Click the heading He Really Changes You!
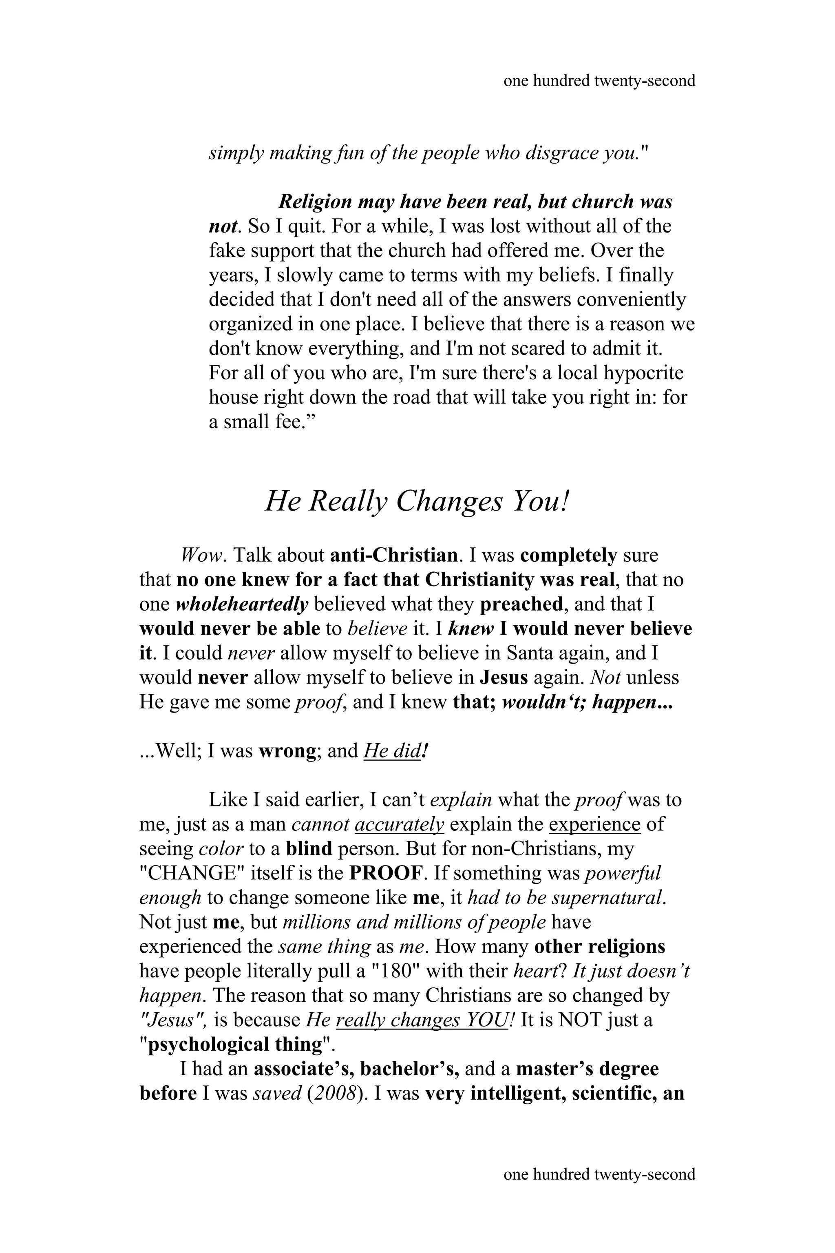pos(417,502)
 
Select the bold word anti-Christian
pos(393,556)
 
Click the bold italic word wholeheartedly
pos(242,604)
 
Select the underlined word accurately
pos(399,824)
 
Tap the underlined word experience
pos(594,824)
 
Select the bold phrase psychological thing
pos(235,1045)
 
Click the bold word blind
pos(309,849)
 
